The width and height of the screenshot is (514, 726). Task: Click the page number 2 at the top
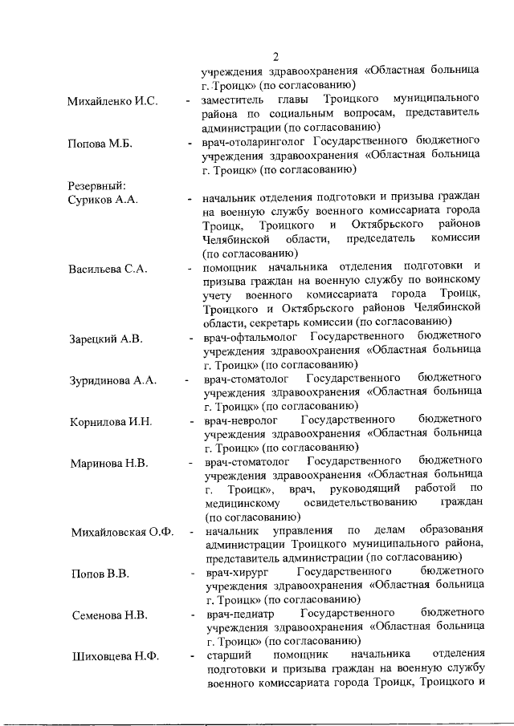[x=275, y=57]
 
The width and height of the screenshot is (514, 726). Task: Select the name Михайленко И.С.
[x=112, y=102]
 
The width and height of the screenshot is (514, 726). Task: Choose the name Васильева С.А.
[x=108, y=268]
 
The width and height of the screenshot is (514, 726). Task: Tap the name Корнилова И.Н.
[x=111, y=422]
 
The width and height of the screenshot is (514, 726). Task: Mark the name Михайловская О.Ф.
[x=122, y=532]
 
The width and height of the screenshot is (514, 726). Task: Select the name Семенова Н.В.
[x=108, y=616]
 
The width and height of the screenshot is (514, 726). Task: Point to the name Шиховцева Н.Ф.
[x=114, y=658]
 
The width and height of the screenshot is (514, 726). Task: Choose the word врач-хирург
[x=236, y=574]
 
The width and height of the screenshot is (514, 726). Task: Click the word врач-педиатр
[x=239, y=615]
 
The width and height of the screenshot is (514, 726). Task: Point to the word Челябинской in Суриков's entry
[x=241, y=240]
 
